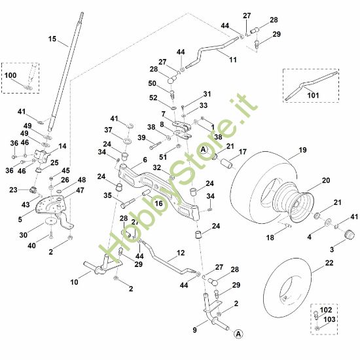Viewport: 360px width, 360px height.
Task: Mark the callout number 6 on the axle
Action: tap(144, 159)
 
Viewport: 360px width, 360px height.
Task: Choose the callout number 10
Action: tap(74, 281)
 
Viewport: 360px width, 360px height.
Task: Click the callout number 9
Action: tap(194, 331)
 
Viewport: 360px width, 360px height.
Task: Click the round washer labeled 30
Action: tap(50, 232)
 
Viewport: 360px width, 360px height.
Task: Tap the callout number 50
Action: tap(152, 83)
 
